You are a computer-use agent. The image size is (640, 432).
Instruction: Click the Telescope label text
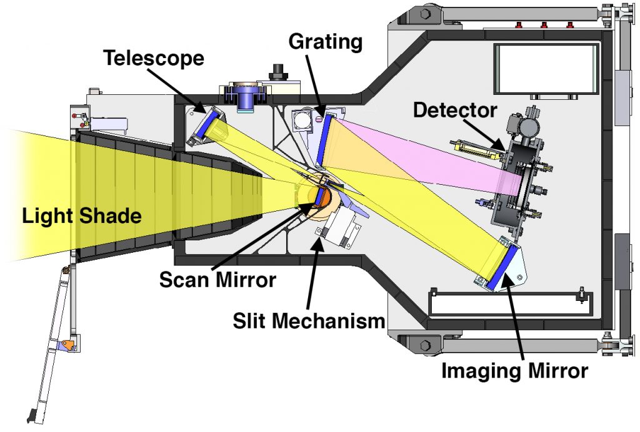tap(153, 59)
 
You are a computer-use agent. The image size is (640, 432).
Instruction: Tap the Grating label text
tap(325, 42)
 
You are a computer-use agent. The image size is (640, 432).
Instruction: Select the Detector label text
tap(455, 111)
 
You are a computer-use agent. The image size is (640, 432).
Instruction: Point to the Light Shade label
tap(81, 217)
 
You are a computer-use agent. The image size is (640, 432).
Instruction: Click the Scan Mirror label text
tap(217, 279)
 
